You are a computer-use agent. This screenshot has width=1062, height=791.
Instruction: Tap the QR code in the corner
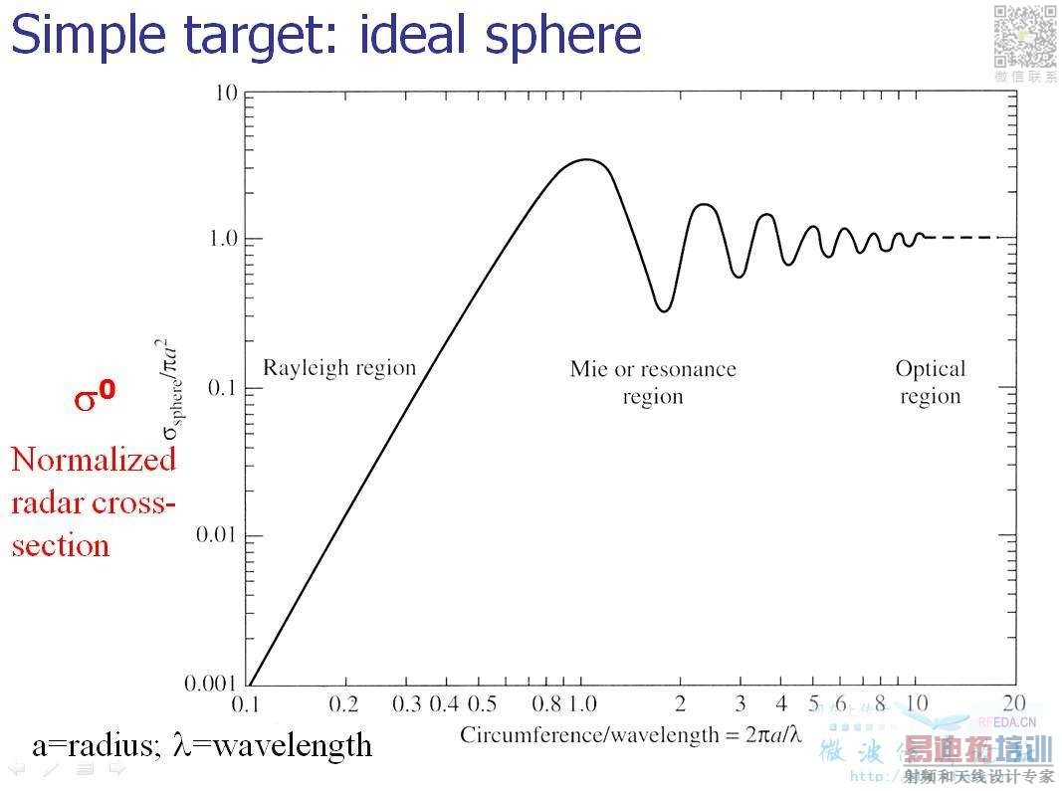pos(1024,37)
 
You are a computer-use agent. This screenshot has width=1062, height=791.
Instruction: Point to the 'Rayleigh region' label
pos(338,367)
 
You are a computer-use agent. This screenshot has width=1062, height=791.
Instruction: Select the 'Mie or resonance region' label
pos(653,382)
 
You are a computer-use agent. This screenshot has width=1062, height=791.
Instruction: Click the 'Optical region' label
pos(930,382)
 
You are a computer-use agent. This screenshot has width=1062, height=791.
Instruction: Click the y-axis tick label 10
pos(225,94)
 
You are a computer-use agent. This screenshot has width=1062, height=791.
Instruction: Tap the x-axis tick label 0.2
pos(344,703)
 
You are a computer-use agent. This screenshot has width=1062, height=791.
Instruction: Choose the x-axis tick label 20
pos(1014,703)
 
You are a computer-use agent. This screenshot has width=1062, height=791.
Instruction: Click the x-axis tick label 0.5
pos(482,703)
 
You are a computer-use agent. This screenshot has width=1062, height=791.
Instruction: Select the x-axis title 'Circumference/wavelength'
pos(630,734)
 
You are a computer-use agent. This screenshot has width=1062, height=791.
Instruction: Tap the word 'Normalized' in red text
pos(94,460)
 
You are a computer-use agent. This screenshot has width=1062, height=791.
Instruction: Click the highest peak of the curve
pos(587,159)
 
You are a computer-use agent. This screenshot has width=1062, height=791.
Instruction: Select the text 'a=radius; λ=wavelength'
pos(202,744)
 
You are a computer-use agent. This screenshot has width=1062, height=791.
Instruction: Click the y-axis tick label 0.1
pos(221,387)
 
